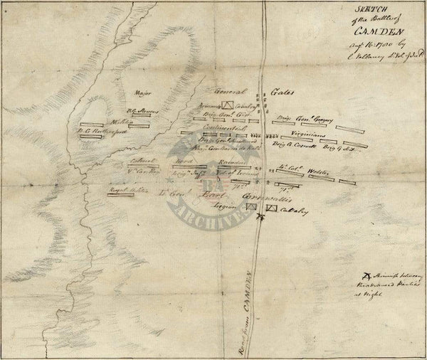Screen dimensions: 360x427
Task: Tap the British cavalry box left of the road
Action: tap(251, 206)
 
